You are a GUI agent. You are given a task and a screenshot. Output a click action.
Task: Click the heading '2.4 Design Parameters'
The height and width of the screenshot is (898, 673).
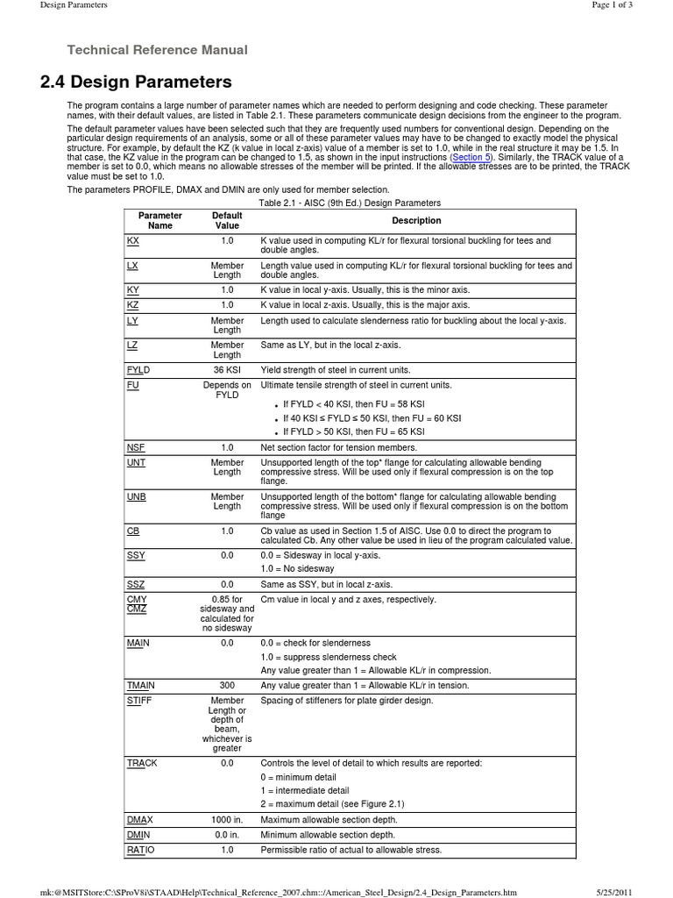(136, 82)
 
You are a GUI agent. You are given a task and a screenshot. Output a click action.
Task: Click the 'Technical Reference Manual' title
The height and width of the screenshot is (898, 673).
(158, 50)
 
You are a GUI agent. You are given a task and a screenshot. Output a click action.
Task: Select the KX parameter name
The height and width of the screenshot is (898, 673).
(132, 240)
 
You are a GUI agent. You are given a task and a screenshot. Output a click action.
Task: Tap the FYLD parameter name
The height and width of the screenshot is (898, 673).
(138, 371)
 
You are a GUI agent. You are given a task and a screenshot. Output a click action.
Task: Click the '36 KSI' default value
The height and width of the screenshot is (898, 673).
(227, 371)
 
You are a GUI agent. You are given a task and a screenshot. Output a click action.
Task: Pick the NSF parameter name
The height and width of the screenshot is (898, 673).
(136, 447)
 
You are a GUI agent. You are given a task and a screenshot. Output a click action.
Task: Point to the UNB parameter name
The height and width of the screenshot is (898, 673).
(136, 497)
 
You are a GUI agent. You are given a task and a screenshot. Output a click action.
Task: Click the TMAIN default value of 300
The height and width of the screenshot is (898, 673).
(227, 686)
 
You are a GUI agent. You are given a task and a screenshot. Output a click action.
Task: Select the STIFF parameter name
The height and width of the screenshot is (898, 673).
(139, 701)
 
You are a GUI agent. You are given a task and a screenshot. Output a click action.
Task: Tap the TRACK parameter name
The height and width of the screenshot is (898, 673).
(142, 764)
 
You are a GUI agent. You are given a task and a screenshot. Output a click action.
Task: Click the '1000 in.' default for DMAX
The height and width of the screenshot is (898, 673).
(227, 819)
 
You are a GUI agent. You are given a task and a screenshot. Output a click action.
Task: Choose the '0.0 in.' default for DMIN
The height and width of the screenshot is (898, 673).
(227, 835)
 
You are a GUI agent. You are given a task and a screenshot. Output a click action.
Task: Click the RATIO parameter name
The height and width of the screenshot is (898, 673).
(140, 851)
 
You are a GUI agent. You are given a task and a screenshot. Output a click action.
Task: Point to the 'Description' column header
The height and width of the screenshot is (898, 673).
(416, 221)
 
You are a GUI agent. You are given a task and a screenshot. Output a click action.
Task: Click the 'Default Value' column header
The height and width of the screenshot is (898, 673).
(227, 220)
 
